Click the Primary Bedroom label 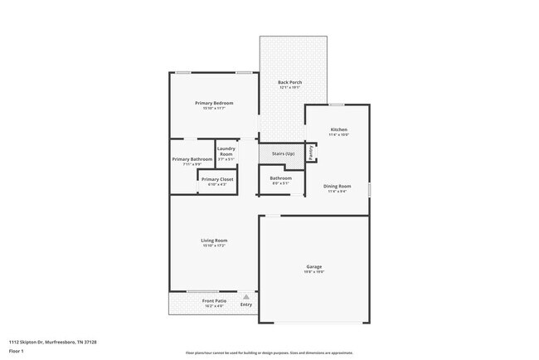pyautogui.click(x=214, y=103)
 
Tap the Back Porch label pyautogui.click(x=289, y=81)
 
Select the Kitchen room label pyautogui.click(x=339, y=129)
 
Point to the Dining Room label pyautogui.click(x=337, y=186)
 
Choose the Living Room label pyautogui.click(x=214, y=241)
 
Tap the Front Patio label pyautogui.click(x=214, y=300)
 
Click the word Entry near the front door pyautogui.click(x=246, y=304)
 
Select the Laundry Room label pyautogui.click(x=226, y=151)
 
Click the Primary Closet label pyautogui.click(x=217, y=179)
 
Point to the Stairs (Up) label pyautogui.click(x=284, y=154)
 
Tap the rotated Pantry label pyautogui.click(x=310, y=153)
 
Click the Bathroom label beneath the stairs pyautogui.click(x=280, y=178)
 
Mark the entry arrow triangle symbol pyautogui.click(x=245, y=296)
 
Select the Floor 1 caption pyautogui.click(x=17, y=351)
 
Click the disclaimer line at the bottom pyautogui.click(x=269, y=352)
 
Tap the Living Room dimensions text pyautogui.click(x=214, y=246)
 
